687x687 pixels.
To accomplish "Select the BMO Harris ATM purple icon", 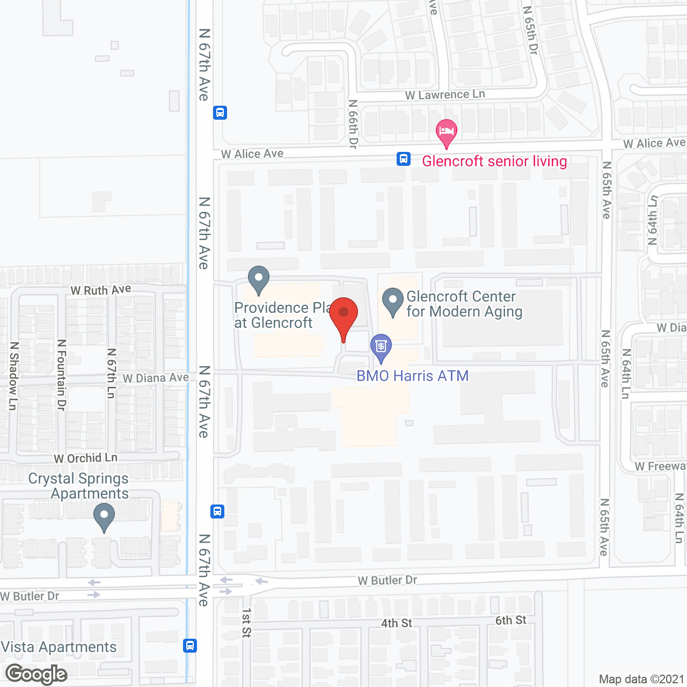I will click(381, 346).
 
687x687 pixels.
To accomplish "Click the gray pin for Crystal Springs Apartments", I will click(104, 516).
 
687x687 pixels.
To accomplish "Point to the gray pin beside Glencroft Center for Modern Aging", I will click(393, 301).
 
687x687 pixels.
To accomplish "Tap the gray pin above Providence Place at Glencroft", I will click(259, 279).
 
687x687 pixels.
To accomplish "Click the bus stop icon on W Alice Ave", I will click(404, 159).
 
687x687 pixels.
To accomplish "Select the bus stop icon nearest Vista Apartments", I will click(190, 645).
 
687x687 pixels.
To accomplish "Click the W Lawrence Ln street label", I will click(445, 95).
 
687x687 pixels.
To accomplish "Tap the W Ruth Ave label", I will click(101, 290).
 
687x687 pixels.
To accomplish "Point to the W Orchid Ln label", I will click(85, 458).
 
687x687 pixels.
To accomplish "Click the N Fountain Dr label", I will click(61, 375).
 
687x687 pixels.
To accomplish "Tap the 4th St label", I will click(397, 623).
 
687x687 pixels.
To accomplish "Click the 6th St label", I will click(510, 620).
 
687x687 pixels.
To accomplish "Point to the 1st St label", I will click(246, 623).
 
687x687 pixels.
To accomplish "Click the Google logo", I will click(36, 674).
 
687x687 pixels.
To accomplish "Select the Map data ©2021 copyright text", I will click(641, 679).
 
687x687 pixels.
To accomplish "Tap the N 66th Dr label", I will click(353, 124).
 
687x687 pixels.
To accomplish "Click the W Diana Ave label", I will click(156, 378).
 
